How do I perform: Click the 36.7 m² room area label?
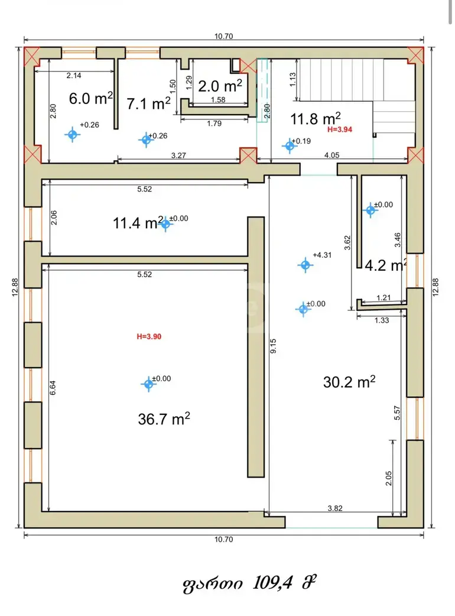[x=164, y=419]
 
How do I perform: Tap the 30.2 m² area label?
[x=349, y=381]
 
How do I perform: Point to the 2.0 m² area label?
[x=220, y=86]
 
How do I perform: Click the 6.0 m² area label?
[x=90, y=98]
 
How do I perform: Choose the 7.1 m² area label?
[x=148, y=103]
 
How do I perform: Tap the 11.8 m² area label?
[x=315, y=118]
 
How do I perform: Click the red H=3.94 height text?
[x=340, y=129]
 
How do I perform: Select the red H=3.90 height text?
[x=149, y=336]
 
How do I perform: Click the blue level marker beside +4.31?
[x=305, y=265]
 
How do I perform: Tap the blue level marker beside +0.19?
[x=290, y=146]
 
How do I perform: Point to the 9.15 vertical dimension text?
[x=273, y=346]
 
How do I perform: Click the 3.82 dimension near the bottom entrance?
[x=335, y=508]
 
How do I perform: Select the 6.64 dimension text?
[x=53, y=388]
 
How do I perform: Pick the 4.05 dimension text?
[x=331, y=155]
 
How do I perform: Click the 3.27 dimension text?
[x=178, y=155]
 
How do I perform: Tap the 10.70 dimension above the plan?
[x=223, y=36]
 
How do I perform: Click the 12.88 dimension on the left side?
[x=15, y=287]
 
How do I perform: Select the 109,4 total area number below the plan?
[x=272, y=583]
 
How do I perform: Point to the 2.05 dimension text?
[x=389, y=478]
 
